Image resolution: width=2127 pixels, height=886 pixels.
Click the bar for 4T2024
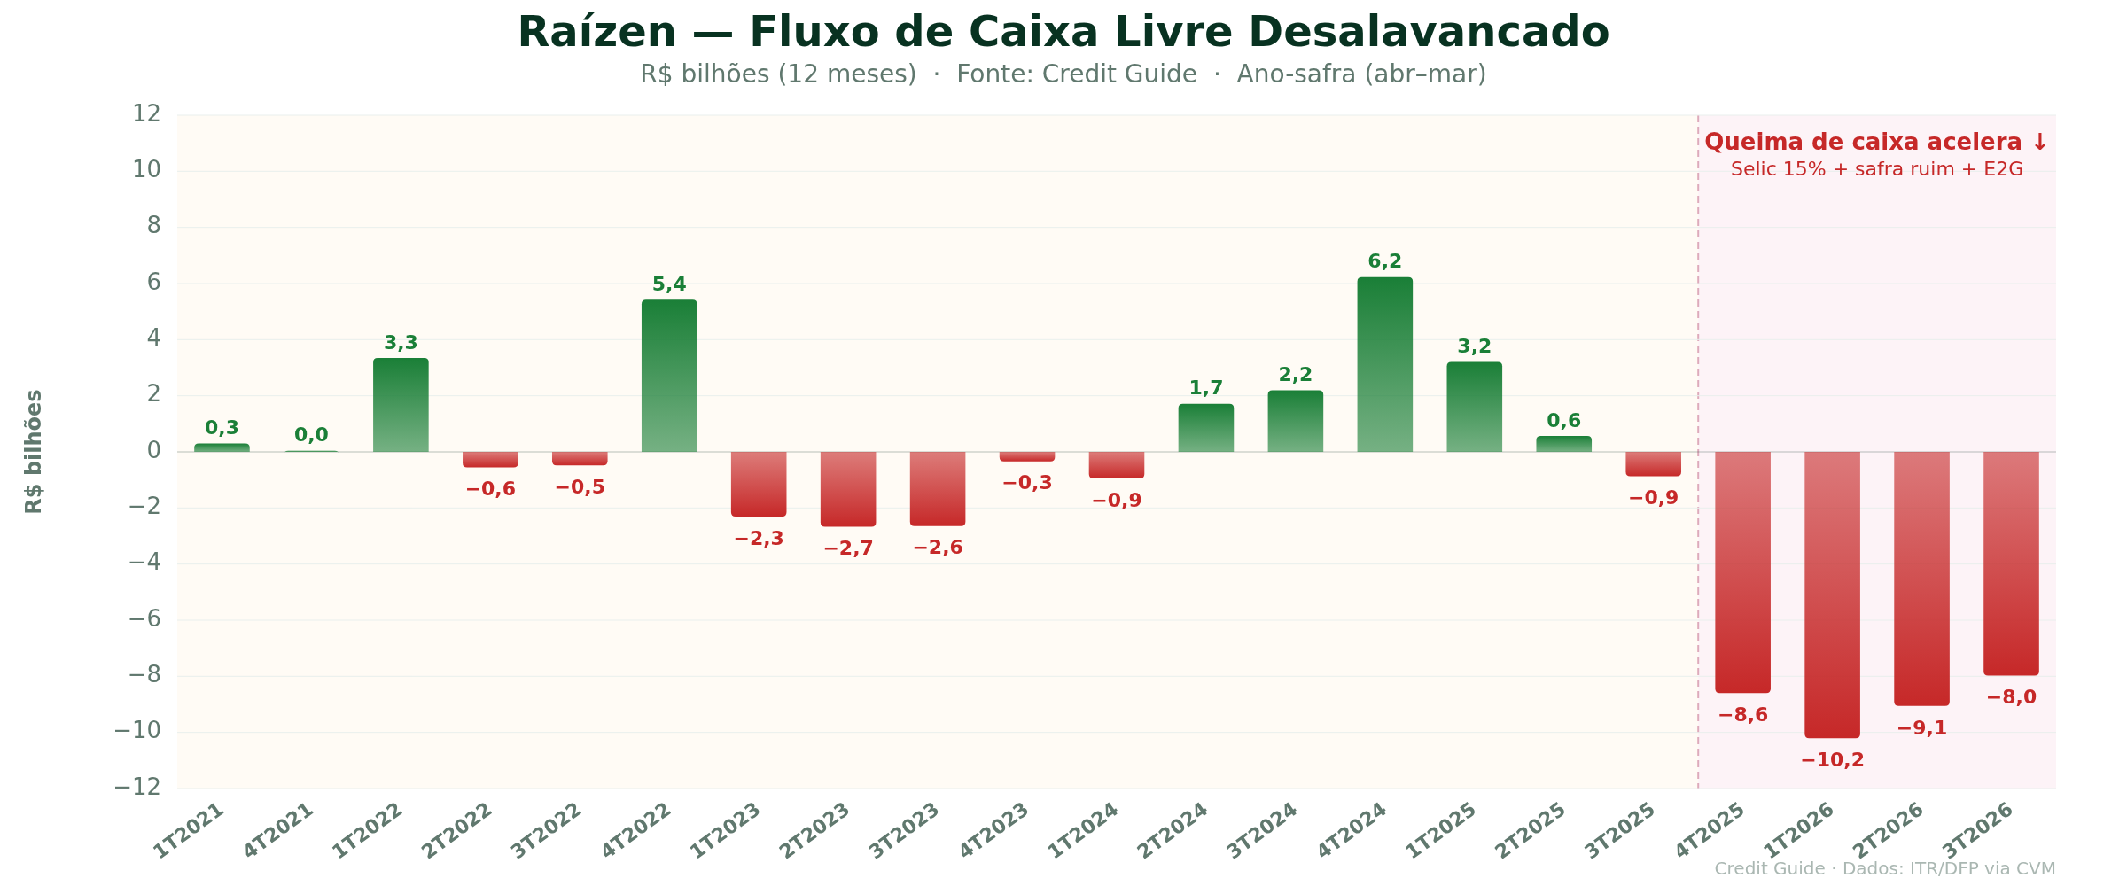1384,365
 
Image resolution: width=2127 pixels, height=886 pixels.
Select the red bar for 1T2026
1832,594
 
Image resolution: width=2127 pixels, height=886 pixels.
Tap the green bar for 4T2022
669,377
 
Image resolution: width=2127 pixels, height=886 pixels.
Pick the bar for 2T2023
848,489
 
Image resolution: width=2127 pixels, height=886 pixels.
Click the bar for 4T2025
1742,571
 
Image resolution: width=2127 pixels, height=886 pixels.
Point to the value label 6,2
1384,261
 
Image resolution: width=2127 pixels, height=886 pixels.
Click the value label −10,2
1832,760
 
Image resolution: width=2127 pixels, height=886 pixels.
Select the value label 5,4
669,284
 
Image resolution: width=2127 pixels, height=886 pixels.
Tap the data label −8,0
2011,697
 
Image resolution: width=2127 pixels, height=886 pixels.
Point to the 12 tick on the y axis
146,113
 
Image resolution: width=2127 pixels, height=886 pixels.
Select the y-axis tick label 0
153,450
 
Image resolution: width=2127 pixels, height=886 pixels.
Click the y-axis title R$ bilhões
34,451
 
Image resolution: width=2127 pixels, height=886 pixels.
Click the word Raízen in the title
596,33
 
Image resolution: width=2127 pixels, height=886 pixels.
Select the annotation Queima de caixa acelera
1875,143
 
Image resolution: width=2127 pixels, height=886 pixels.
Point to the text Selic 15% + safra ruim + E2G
1876,169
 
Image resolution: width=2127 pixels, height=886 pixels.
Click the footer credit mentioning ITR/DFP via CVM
1884,869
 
